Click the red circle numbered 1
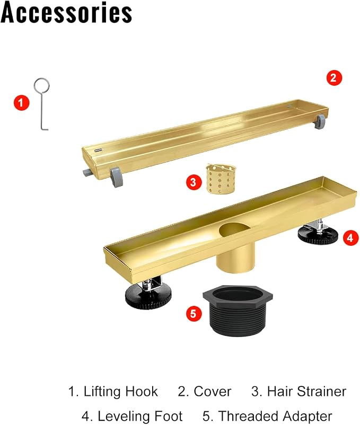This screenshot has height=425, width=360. (x=21, y=102)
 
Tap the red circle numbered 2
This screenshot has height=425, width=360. (x=333, y=78)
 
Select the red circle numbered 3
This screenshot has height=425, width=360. (x=194, y=182)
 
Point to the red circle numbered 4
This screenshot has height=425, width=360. (x=350, y=238)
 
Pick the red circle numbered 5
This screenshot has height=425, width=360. (x=194, y=314)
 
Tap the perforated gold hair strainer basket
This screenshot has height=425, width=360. (x=221, y=179)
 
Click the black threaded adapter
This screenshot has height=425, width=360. (x=238, y=311)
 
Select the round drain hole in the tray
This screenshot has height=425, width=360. (x=233, y=229)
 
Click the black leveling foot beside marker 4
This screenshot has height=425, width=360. (x=318, y=235)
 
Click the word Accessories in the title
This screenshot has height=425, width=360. (x=66, y=12)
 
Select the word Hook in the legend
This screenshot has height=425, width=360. (x=141, y=392)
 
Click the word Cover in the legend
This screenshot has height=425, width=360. (x=213, y=392)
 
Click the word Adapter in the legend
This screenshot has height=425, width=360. (x=306, y=417)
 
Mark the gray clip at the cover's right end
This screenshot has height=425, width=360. (x=319, y=121)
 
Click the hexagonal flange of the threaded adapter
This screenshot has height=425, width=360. (x=238, y=294)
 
